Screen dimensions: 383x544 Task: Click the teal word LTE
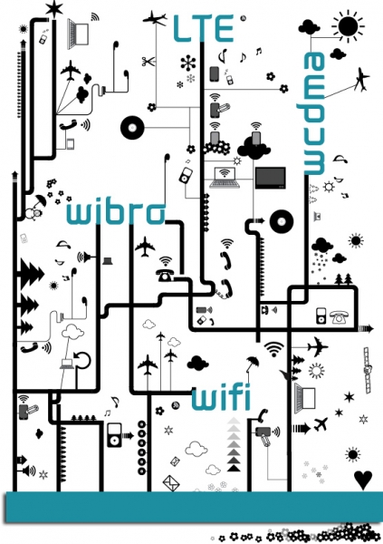204,28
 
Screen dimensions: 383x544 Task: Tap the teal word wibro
116,212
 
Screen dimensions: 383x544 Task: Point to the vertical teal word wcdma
315,113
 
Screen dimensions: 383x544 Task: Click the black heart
363,480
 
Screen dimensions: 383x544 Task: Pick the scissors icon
148,62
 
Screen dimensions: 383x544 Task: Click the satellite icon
368,370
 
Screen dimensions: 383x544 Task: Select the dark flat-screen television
271,178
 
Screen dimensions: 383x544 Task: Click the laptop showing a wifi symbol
225,178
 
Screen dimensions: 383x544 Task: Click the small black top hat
108,260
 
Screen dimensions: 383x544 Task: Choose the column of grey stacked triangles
234,444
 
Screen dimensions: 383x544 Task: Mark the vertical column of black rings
142,448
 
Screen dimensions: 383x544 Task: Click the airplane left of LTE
155,18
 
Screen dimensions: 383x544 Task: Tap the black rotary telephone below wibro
165,275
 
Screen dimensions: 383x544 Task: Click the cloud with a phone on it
254,147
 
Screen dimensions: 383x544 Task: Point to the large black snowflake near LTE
188,63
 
